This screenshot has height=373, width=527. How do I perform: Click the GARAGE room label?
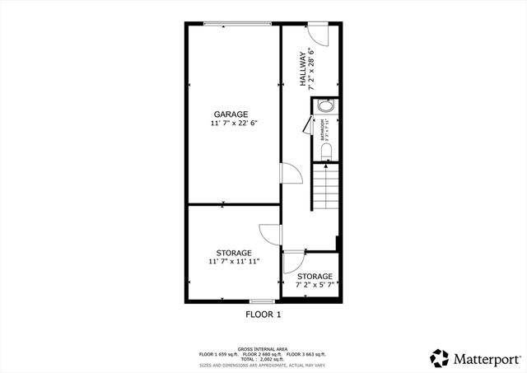pyautogui.click(x=231, y=114)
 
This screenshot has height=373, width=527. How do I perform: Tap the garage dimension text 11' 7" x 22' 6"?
pyautogui.click(x=231, y=124)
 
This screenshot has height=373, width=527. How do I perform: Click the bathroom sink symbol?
pyautogui.click(x=326, y=107)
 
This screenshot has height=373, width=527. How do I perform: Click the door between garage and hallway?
pyautogui.click(x=290, y=174)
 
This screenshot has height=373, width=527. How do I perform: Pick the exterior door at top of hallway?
pyautogui.click(x=318, y=35)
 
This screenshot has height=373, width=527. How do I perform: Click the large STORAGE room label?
pyautogui.click(x=234, y=253)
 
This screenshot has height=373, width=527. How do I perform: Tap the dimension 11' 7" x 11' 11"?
pyautogui.click(x=234, y=262)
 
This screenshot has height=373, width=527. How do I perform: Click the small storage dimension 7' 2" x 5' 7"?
pyautogui.click(x=315, y=286)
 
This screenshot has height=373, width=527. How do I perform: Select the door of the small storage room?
pyautogui.click(x=291, y=262)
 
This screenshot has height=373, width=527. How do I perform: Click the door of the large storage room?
pyautogui.click(x=271, y=235)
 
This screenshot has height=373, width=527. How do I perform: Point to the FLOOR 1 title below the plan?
pyautogui.click(x=263, y=315)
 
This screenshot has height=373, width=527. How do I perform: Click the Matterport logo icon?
pyautogui.click(x=440, y=358)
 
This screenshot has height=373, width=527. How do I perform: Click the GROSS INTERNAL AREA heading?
pyautogui.click(x=263, y=349)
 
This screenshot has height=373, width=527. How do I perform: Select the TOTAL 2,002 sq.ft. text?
pyautogui.click(x=263, y=359)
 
